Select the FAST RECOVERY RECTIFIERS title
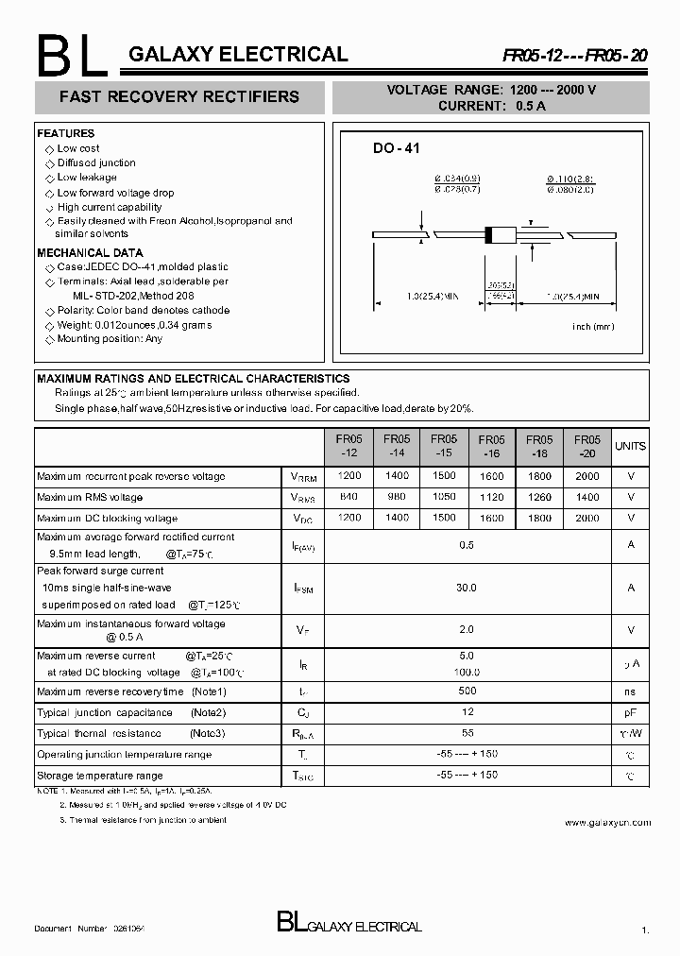tap(179, 96)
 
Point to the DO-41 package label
tap(396, 148)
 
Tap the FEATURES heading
tap(66, 134)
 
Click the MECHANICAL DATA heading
tap(90, 253)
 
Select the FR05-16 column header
tap(491, 446)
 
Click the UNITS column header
tap(630, 446)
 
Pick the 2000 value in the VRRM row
tap(586, 476)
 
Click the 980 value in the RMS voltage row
tap(397, 497)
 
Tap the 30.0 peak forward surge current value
tap(466, 588)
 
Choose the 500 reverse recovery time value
tap(466, 691)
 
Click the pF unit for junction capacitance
tap(630, 712)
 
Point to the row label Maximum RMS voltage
tap(90, 497)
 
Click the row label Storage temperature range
tap(99, 776)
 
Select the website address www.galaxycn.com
tap(607, 823)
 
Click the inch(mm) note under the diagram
tap(593, 326)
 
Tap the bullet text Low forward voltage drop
tap(115, 193)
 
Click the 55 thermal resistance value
tap(466, 733)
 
